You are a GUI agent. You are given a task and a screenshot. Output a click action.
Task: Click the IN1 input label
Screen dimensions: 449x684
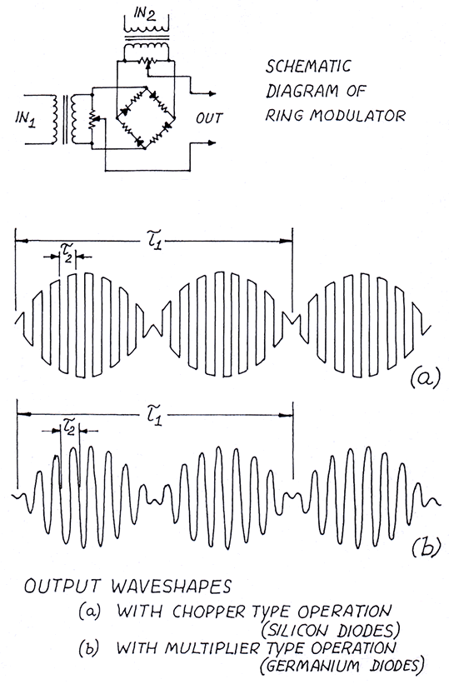pos(25,118)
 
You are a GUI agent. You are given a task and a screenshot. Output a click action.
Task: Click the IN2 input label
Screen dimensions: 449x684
pos(145,16)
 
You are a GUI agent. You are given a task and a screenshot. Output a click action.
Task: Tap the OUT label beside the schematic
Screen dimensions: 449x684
pos(209,117)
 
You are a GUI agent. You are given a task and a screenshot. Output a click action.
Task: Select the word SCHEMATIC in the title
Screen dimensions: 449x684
pos(308,67)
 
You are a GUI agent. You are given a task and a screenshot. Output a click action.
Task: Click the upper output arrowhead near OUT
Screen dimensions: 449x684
pos(212,93)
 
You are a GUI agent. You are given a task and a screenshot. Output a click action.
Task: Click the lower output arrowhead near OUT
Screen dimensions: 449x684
pos(212,142)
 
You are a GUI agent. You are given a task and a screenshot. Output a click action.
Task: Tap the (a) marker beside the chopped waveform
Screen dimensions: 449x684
pos(425,377)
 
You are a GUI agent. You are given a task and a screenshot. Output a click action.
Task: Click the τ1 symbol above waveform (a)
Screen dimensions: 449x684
pos(153,241)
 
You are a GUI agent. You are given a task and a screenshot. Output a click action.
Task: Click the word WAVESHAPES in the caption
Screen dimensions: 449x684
pos(170,587)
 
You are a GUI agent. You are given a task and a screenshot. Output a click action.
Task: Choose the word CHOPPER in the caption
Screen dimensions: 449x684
pos(209,612)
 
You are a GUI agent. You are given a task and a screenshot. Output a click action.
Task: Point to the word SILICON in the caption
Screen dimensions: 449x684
pos(297,631)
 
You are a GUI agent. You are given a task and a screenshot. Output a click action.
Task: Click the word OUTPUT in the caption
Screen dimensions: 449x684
pos(62,587)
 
